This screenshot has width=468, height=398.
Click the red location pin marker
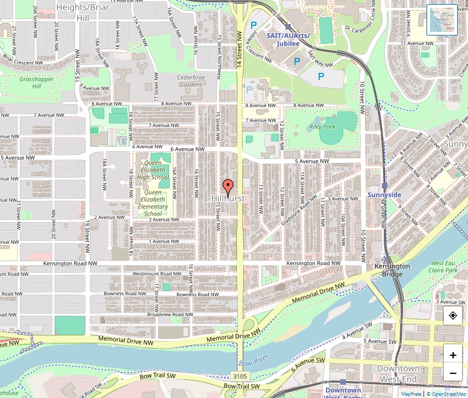(228, 186)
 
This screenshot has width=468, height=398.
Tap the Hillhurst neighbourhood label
(228, 198)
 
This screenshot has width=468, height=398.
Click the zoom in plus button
(452, 355)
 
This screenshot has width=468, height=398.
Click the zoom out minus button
(452, 373)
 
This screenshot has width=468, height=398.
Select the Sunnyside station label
(384, 195)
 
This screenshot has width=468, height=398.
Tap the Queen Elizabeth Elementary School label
(153, 203)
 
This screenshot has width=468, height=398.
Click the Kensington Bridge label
(392, 270)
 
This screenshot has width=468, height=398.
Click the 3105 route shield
(239, 376)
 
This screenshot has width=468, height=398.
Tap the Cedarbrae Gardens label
(190, 81)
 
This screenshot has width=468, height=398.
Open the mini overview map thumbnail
(442, 20)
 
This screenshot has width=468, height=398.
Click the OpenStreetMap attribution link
(446, 394)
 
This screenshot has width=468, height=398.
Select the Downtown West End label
(398, 373)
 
